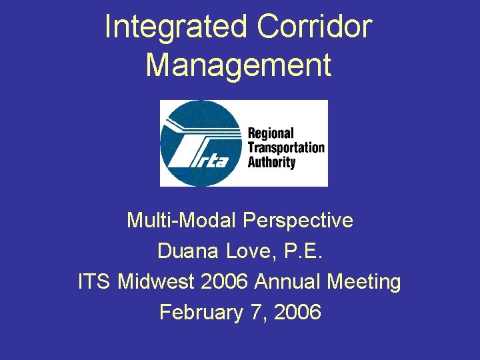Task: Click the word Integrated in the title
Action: pos(176,28)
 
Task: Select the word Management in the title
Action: pos(239,65)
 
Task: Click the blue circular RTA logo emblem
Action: pos(200,143)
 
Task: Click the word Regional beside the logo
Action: pos(271,133)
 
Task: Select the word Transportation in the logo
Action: pos(285,148)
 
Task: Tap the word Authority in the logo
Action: pos(271,162)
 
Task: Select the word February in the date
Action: pos(201,312)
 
